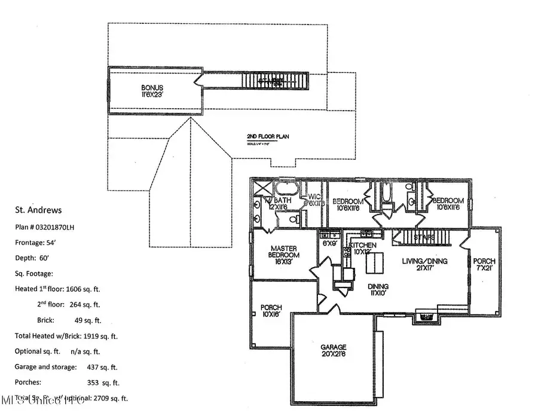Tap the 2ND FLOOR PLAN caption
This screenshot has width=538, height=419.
(268, 136)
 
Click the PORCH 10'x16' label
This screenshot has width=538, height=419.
(271, 311)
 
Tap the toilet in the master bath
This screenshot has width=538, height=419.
(294, 219)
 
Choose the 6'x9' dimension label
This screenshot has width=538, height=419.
(330, 244)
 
